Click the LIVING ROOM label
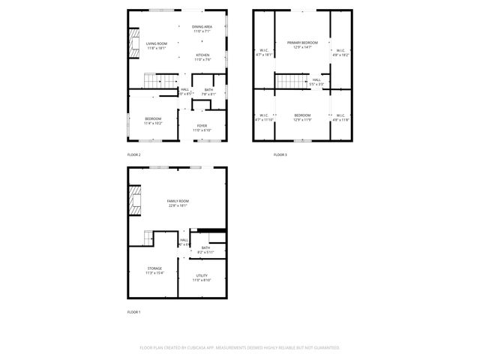pyautogui.click(x=156, y=43)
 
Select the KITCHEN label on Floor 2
pyautogui.click(x=202, y=55)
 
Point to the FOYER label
pyautogui.click(x=202, y=125)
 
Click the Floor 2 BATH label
pyautogui.click(x=208, y=90)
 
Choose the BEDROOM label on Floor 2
pyautogui.click(x=154, y=118)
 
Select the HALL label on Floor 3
pyautogui.click(x=316, y=79)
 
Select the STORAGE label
pyautogui.click(x=154, y=268)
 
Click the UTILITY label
pyautogui.click(x=202, y=275)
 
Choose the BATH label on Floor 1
pyautogui.click(x=205, y=247)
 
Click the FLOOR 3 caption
pyautogui.click(x=280, y=154)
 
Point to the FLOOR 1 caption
pyautogui.click(x=133, y=311)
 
